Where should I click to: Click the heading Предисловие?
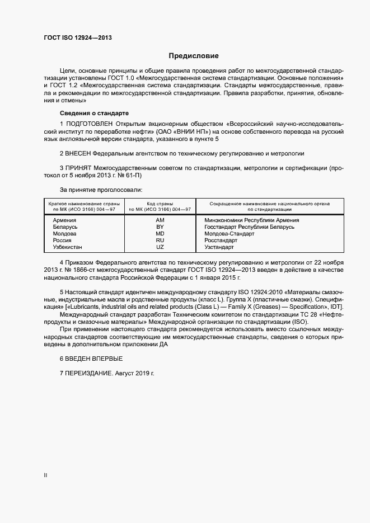click(194, 56)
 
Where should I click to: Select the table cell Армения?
click(64, 220)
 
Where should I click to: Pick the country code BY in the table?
click(160, 227)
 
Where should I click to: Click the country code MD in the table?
click(160, 234)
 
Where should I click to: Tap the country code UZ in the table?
click(160, 247)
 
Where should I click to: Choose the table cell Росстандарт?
click(221, 241)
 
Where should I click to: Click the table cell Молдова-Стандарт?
click(230, 234)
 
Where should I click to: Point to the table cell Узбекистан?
click(67, 247)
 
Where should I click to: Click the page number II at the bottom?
click(45, 475)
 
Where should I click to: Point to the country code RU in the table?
click(160, 241)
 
